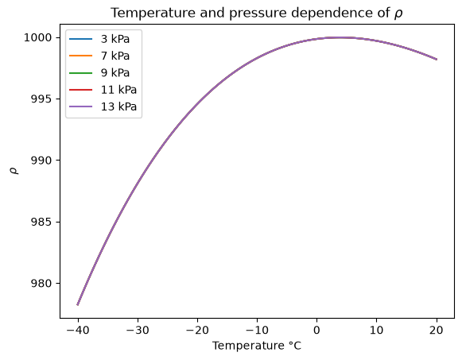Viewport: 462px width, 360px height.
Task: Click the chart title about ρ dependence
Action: tap(256, 13)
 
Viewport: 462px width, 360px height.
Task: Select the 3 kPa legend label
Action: tap(115, 39)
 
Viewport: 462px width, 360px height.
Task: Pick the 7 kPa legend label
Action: tap(115, 56)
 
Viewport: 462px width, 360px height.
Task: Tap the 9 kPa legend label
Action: tap(115, 72)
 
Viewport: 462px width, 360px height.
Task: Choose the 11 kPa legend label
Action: tap(118, 90)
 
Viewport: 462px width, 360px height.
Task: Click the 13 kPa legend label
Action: tap(118, 106)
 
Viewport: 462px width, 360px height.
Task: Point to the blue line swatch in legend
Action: tap(81, 39)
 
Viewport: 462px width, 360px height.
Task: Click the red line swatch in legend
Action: tap(81, 90)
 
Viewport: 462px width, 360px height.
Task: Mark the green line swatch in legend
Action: tap(81, 72)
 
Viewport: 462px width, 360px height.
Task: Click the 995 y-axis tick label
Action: tap(41, 99)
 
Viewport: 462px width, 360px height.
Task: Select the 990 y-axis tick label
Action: tap(41, 161)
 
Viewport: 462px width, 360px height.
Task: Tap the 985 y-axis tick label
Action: tap(41, 222)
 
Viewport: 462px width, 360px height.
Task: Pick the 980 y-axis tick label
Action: tap(41, 283)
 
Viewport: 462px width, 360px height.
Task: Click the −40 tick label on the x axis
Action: tap(78, 331)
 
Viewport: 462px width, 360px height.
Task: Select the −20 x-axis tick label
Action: tap(197, 331)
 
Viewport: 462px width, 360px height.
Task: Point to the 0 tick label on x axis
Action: tap(316, 331)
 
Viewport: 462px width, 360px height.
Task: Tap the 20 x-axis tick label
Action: tap(436, 331)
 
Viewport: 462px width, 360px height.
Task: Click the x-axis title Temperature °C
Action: tap(257, 346)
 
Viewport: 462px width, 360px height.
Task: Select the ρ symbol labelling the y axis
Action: tap(14, 171)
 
